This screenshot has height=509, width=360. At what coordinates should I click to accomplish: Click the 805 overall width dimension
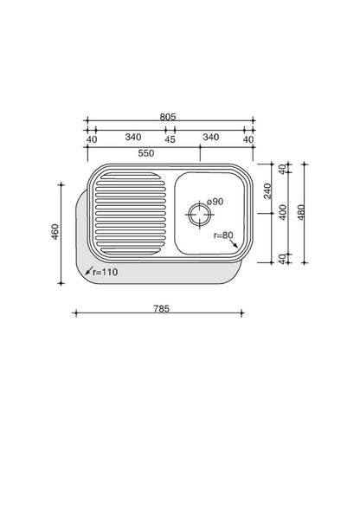(168, 117)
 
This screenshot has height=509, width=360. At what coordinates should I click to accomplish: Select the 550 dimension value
(146, 153)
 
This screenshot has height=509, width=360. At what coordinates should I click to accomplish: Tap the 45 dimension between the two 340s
(170, 139)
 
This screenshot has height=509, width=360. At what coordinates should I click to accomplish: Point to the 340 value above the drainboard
(133, 137)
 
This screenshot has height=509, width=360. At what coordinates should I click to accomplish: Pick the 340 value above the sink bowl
(211, 137)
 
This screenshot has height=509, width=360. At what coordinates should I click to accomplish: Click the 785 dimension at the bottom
(162, 308)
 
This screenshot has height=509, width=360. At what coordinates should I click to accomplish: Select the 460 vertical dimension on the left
(55, 232)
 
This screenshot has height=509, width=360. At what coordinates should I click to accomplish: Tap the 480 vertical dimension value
(301, 212)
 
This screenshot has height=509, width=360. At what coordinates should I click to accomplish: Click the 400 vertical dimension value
(283, 212)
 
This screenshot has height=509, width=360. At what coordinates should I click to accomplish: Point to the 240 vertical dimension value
(267, 191)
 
